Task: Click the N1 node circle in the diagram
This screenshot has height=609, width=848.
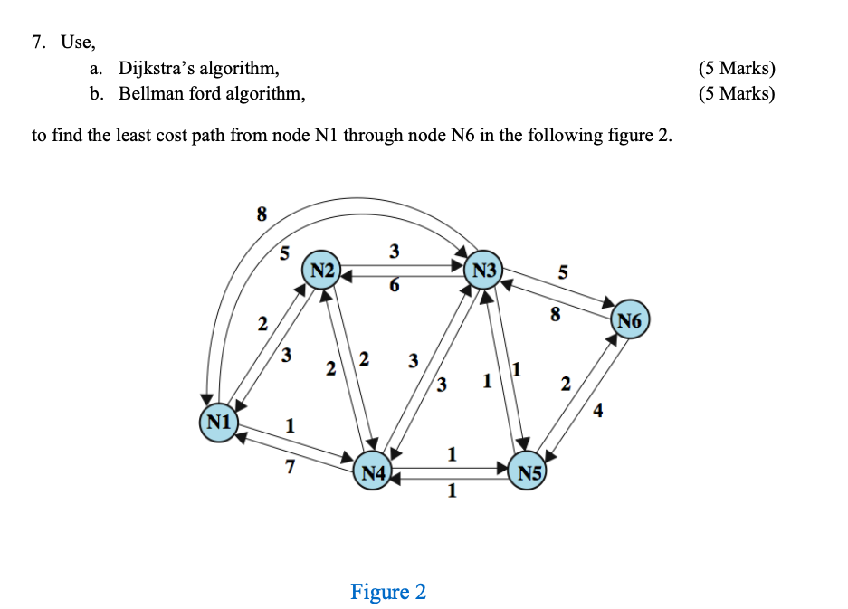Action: pyautogui.click(x=218, y=423)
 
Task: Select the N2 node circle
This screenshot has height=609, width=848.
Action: pyautogui.click(x=323, y=270)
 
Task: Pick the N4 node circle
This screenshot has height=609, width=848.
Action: pyautogui.click(x=373, y=471)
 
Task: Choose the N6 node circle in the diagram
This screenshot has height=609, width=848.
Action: pyautogui.click(x=631, y=320)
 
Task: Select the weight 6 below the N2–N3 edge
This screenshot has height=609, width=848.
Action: pyautogui.click(x=393, y=285)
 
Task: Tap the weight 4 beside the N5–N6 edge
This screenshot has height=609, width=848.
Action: pyautogui.click(x=598, y=414)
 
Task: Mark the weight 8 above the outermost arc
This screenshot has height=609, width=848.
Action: pyautogui.click(x=262, y=214)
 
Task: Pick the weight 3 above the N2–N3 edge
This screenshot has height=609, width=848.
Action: pyautogui.click(x=394, y=251)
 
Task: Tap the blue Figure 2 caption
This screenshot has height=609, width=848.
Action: pyautogui.click(x=387, y=592)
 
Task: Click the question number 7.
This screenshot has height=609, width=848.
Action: pyautogui.click(x=37, y=42)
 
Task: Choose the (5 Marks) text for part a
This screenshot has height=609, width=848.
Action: pyautogui.click(x=737, y=69)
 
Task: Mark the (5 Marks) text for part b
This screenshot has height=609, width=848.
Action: pyautogui.click(x=737, y=93)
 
